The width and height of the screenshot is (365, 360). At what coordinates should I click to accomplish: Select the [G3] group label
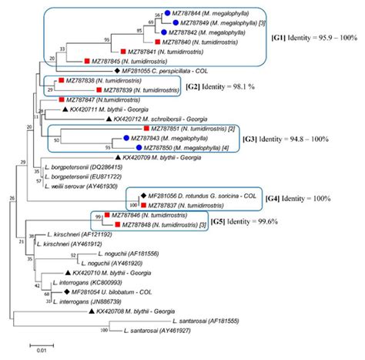[x=279, y=140]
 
